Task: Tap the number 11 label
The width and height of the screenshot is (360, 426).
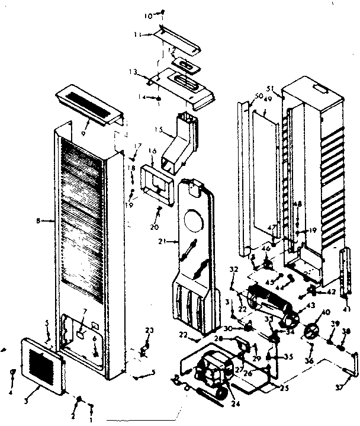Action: tap(136, 35)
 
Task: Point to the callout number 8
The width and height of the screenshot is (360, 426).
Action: tap(38, 221)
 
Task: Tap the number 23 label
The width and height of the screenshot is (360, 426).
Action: tap(149, 329)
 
